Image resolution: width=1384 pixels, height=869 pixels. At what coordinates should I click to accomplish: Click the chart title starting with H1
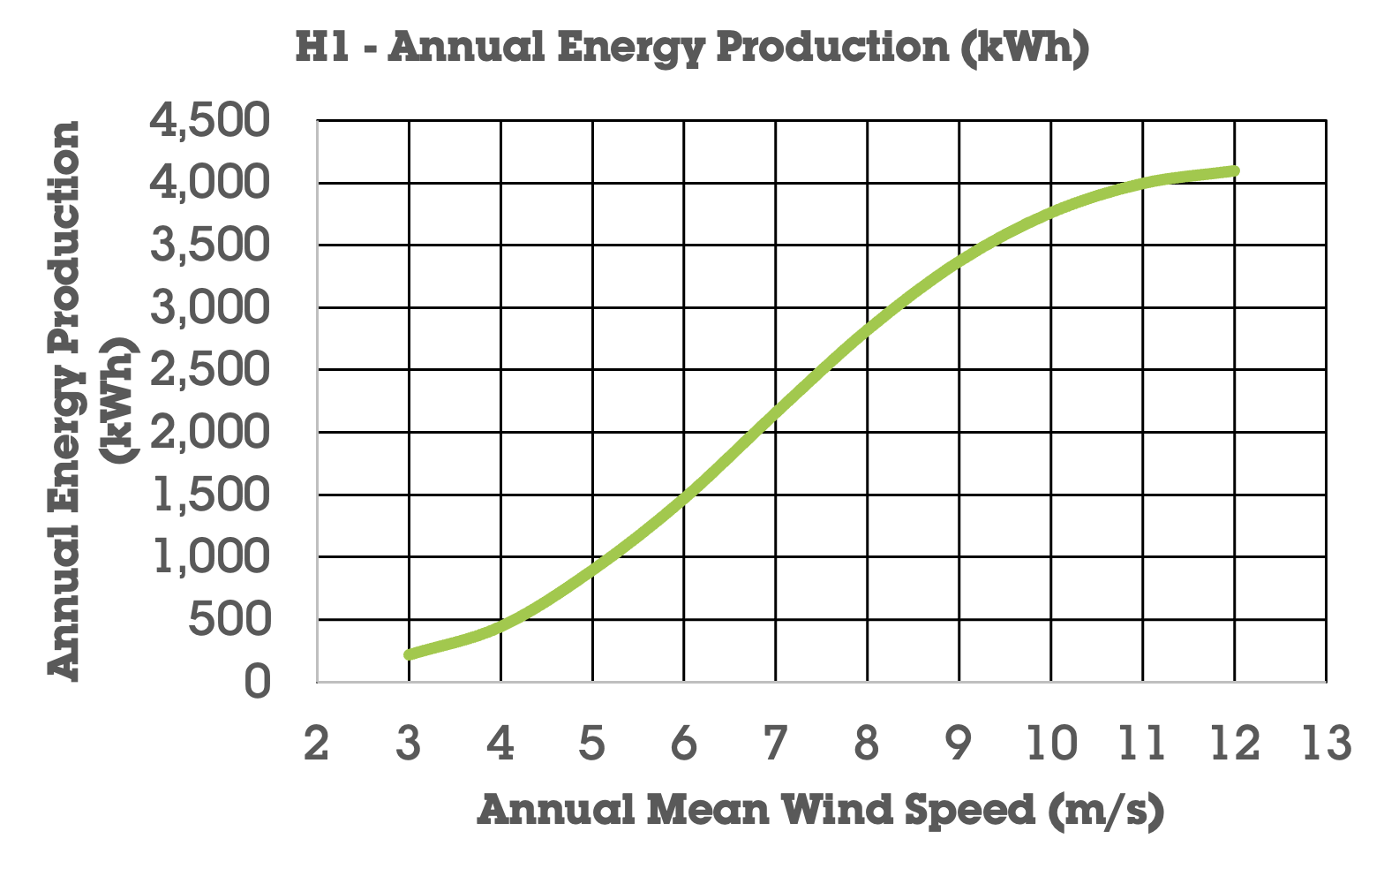point(692,48)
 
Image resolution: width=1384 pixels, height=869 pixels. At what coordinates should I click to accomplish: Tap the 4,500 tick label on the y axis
point(209,122)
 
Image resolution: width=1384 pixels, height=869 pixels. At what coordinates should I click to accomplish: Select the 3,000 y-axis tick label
point(209,308)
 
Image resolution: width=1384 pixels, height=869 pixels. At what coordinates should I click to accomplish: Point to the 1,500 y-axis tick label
point(209,495)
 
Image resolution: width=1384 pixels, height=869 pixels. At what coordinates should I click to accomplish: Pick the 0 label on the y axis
point(257,683)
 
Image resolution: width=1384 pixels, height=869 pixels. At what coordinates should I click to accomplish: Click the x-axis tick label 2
point(316,744)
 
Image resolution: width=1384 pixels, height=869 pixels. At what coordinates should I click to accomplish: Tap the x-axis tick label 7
point(775,744)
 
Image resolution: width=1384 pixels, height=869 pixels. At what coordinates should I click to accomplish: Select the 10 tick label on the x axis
point(1050,744)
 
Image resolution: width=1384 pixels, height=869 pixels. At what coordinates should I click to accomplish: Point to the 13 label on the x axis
point(1326,744)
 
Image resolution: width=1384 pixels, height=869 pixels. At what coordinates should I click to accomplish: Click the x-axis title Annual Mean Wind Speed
point(820,811)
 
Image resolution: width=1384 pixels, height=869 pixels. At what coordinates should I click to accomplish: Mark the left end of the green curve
point(409,654)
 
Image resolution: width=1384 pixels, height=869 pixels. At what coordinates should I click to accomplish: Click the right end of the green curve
point(1235,170)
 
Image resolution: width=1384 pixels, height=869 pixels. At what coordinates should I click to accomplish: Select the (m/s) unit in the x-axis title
point(1107,811)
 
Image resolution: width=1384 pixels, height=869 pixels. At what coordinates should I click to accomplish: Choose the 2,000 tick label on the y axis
point(209,433)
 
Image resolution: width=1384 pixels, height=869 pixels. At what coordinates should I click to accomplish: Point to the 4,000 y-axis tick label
point(209,184)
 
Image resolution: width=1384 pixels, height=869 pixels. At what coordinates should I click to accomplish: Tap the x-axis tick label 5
point(591,744)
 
